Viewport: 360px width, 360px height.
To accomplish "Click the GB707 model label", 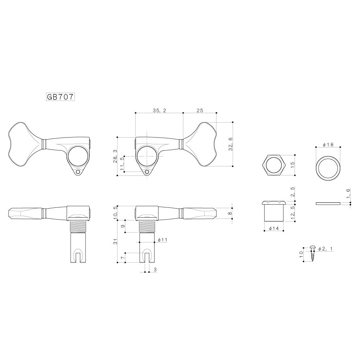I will point(58,97).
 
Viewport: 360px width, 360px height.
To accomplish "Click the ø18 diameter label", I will point(328,145).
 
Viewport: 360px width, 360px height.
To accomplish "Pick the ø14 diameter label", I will point(274,229).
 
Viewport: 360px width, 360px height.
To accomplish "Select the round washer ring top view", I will point(328,167).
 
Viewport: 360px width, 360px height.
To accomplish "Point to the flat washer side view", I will point(328,204).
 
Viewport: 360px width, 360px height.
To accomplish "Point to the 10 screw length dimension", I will point(301,253).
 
